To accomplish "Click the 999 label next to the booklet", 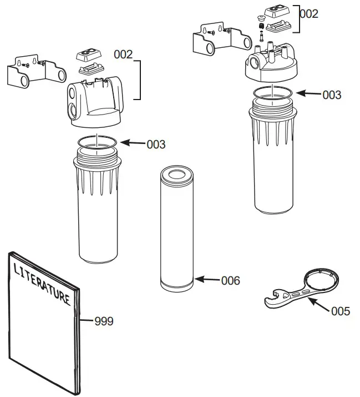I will [104, 321].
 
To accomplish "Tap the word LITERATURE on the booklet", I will [42, 284].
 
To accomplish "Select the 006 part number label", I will [230, 281].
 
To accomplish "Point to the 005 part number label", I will [340, 311].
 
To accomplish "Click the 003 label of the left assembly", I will [156, 145].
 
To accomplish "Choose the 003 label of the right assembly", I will [332, 95].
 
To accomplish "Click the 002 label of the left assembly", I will [123, 54].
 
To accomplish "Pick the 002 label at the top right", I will [309, 14].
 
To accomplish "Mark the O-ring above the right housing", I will [272, 92].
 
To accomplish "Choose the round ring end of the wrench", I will [321, 278].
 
